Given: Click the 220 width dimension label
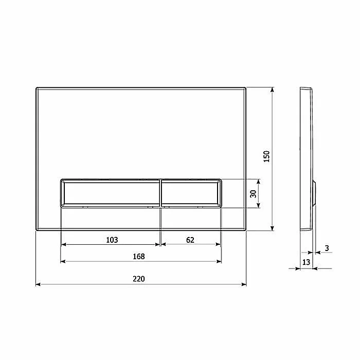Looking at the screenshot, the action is (139, 279).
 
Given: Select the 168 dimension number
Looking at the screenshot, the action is (139, 256).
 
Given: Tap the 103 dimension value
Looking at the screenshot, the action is (112, 240).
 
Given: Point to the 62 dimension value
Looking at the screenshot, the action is (190, 240).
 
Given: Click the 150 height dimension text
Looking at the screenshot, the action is (266, 156).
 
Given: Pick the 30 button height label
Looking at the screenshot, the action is (253, 194).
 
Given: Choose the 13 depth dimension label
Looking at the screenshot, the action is (306, 262).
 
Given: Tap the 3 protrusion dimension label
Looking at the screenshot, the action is (327, 248).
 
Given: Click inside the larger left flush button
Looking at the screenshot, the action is (110, 193).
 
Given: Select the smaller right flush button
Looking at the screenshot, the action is (191, 193).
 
